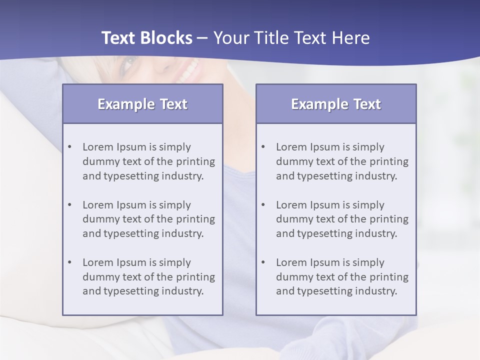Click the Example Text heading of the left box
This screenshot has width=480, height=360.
pos(142,104)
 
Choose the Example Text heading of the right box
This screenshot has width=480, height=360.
pos(336,104)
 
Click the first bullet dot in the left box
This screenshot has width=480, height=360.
pos(70,147)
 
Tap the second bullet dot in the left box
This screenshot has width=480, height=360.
pos(70,205)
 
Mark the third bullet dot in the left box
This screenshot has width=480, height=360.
pos(70,262)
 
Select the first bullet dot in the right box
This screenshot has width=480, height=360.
pos(263,147)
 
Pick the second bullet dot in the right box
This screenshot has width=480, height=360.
pos(263,205)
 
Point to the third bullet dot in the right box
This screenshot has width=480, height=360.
pos(263,262)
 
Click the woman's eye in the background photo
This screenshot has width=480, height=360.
pos(128,63)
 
